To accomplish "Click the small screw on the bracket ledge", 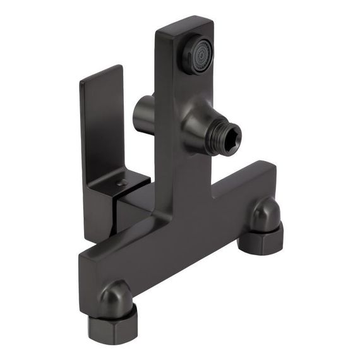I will coord(123,183).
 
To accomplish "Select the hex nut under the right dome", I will coord(263,241).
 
